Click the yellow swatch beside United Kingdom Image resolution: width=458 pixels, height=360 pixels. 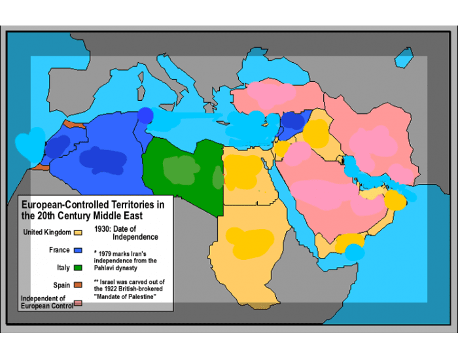(x=78, y=232)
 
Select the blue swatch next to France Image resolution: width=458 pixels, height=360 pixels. (x=78, y=250)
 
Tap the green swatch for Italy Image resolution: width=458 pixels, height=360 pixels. (x=78, y=268)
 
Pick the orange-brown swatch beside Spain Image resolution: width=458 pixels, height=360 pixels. (x=78, y=285)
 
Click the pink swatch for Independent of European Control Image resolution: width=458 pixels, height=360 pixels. (x=78, y=303)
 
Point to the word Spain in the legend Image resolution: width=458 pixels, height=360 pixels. (x=62, y=285)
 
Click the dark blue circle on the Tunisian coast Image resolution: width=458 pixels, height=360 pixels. (x=145, y=115)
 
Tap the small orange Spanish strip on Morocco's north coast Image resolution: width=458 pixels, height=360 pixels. (x=73, y=124)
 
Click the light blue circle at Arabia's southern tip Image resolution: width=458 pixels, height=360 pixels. (x=354, y=252)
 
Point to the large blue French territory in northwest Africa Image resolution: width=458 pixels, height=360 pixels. (x=98, y=157)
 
